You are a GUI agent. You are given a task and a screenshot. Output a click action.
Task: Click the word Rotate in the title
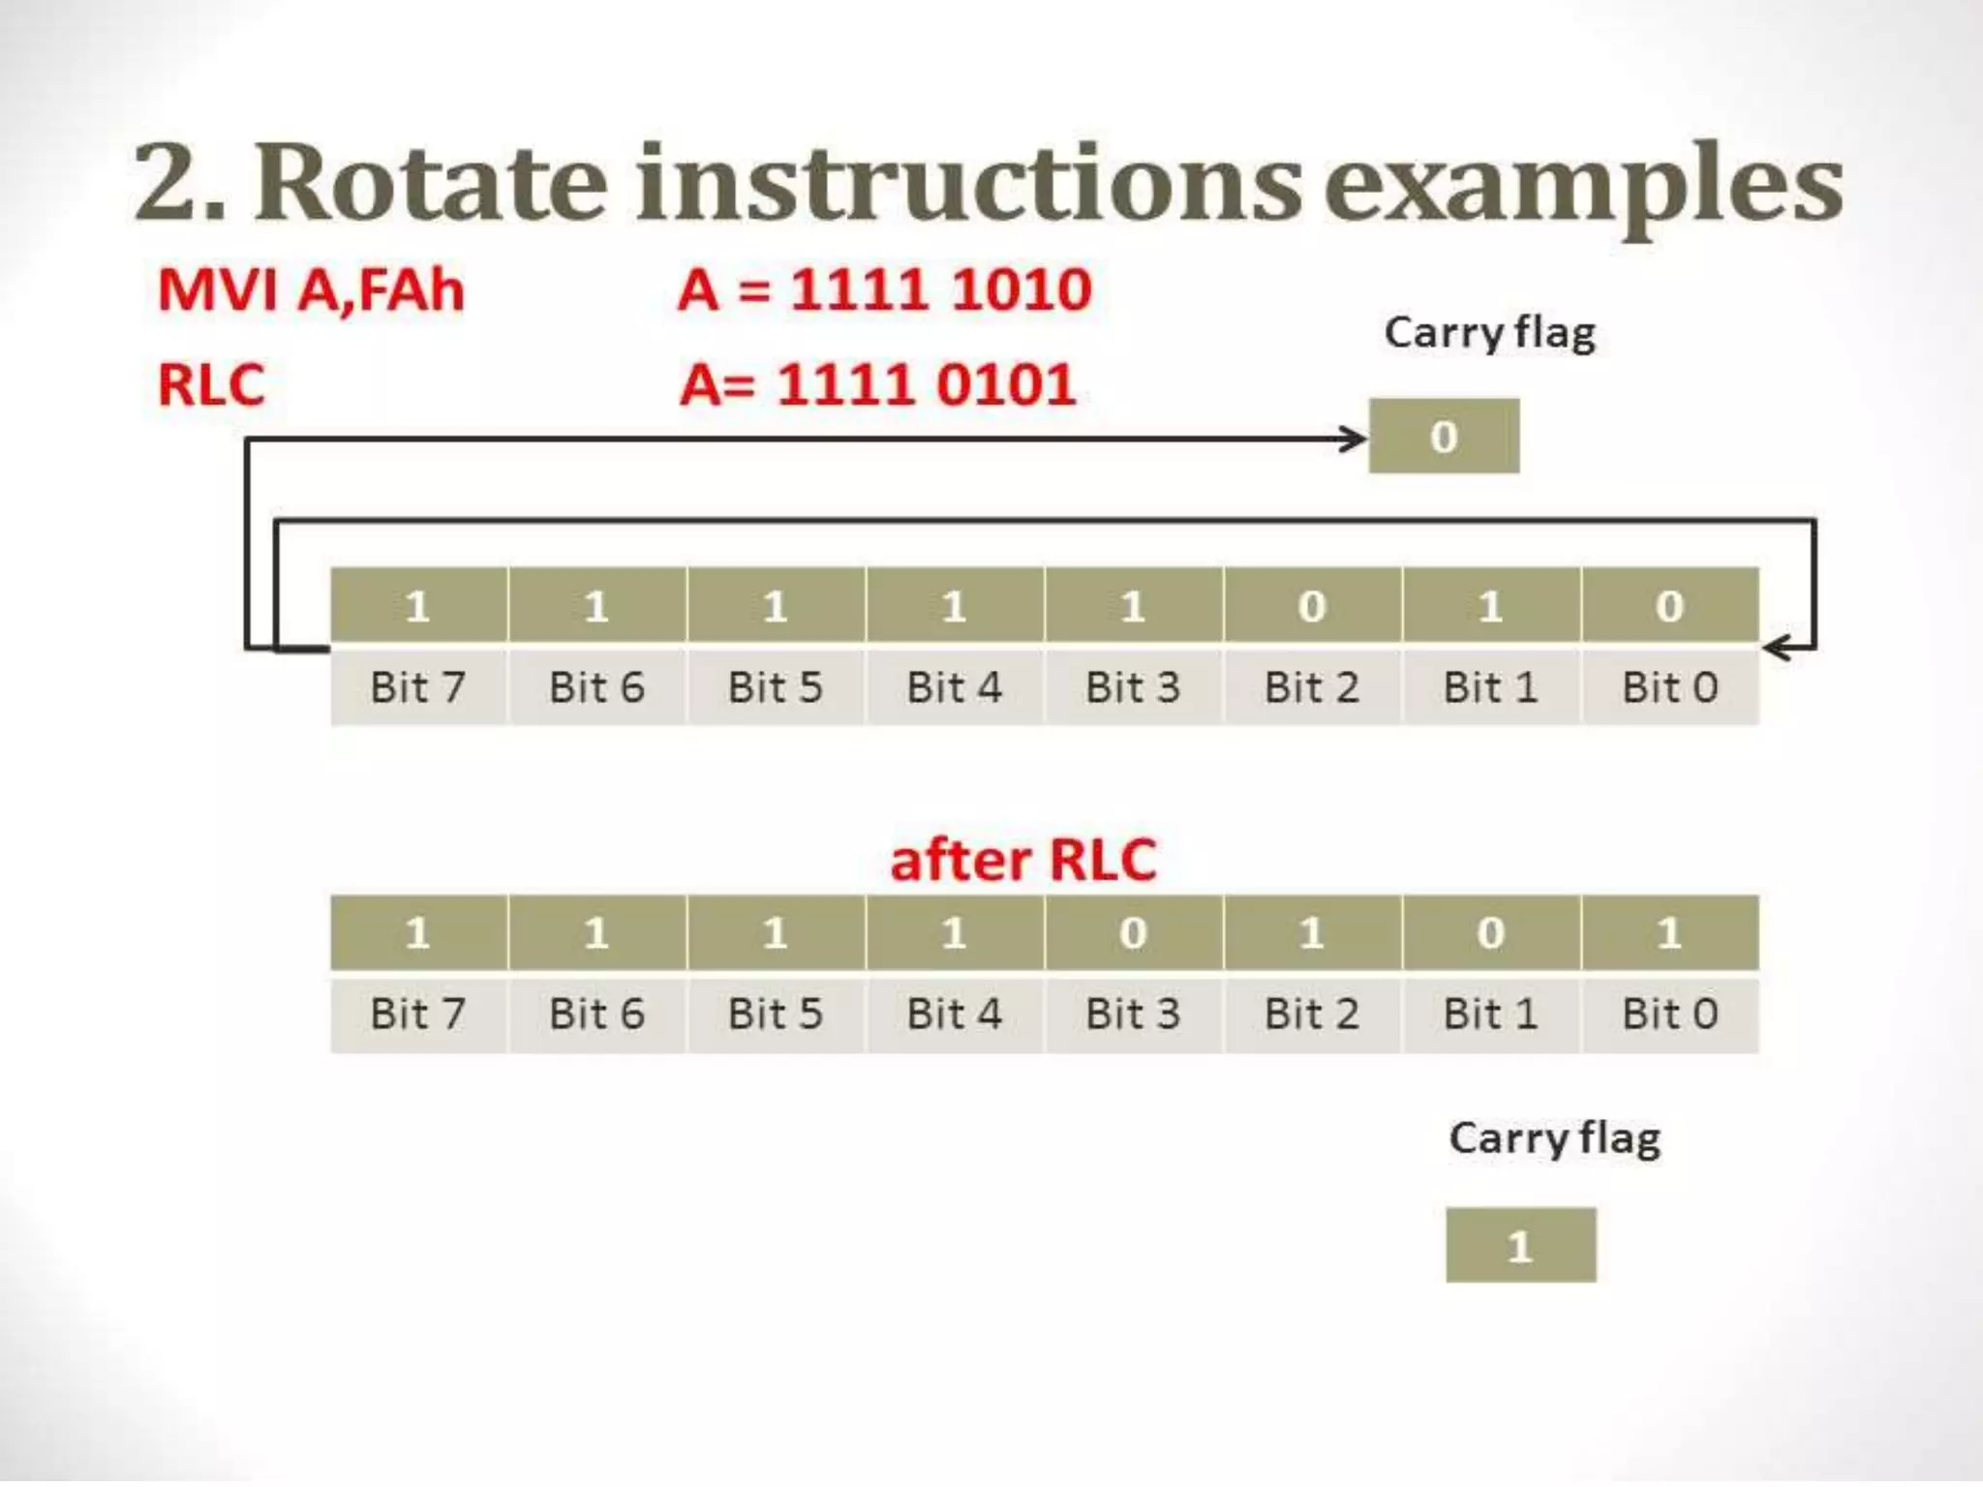click(431, 184)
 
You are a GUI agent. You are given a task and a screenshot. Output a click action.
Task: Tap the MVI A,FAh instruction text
click(311, 289)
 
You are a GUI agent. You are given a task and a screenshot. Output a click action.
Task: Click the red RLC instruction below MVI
click(211, 384)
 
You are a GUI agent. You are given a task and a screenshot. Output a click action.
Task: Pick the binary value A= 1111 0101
click(877, 384)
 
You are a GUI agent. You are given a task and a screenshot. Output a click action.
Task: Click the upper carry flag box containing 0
click(1444, 437)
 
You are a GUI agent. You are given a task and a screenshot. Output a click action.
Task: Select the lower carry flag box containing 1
click(1520, 1245)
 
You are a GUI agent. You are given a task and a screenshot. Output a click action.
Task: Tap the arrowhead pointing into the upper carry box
click(1354, 439)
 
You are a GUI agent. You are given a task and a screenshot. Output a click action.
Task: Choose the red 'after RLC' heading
click(1022, 860)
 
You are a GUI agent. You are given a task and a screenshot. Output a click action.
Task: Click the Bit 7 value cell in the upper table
click(418, 606)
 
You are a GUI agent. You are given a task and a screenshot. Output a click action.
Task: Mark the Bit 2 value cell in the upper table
click(1312, 606)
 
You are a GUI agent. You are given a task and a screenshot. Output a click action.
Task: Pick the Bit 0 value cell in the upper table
click(1669, 606)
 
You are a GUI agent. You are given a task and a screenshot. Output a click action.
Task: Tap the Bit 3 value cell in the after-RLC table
click(1133, 933)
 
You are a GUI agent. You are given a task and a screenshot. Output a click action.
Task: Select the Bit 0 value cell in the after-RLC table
click(1669, 933)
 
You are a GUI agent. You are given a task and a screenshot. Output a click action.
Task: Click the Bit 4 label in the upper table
click(954, 687)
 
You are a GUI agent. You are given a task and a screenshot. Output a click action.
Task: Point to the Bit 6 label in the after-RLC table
click(596, 1015)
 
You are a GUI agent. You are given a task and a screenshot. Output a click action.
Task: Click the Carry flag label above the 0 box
click(1489, 333)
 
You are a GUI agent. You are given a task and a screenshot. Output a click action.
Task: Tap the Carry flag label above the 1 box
click(1554, 1138)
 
